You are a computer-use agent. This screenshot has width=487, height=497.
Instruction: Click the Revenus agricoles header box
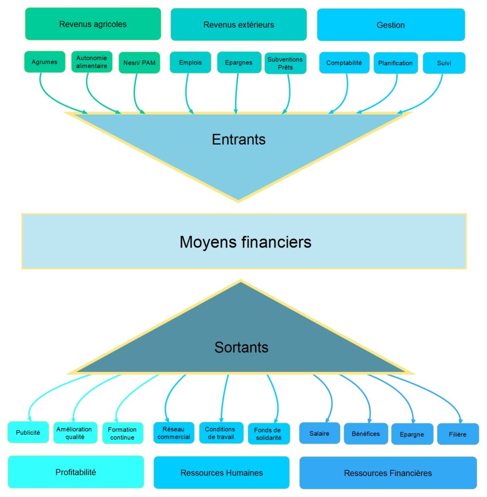pyautogui.click(x=93, y=24)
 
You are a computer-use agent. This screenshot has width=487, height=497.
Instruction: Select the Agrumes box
pyautogui.click(x=44, y=62)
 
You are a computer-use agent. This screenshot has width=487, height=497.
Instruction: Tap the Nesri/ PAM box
pyautogui.click(x=139, y=63)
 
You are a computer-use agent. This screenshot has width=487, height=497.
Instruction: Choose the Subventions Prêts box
pyautogui.click(x=285, y=63)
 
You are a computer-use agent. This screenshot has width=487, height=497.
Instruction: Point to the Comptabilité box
pyautogui.click(x=344, y=63)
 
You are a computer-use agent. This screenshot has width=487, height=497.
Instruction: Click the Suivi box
pyautogui.click(x=444, y=63)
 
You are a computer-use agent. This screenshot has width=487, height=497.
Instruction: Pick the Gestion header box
pyautogui.click(x=391, y=25)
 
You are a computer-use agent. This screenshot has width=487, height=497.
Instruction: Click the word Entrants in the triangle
pyautogui.click(x=238, y=140)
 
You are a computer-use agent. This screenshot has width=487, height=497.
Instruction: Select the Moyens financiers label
pyautogui.click(x=245, y=242)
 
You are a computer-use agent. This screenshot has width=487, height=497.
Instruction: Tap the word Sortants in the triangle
pyautogui.click(x=241, y=348)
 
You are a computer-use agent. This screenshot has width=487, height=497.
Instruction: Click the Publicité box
pyautogui.click(x=28, y=432)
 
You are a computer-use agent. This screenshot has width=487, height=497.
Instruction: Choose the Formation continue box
pyautogui.click(x=122, y=433)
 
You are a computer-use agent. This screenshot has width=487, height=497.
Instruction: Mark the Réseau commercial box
pyautogui.click(x=174, y=433)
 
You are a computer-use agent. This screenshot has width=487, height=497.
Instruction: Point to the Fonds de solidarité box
pyautogui.click(x=268, y=434)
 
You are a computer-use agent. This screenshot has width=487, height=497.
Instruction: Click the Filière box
pyautogui.click(x=458, y=434)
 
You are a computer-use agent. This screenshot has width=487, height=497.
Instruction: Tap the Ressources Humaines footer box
pyautogui.click(x=221, y=473)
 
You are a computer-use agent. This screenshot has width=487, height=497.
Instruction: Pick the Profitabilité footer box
pyautogui.click(x=76, y=472)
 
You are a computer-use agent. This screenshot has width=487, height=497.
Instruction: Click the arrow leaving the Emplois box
pyautogui.click(x=187, y=92)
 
